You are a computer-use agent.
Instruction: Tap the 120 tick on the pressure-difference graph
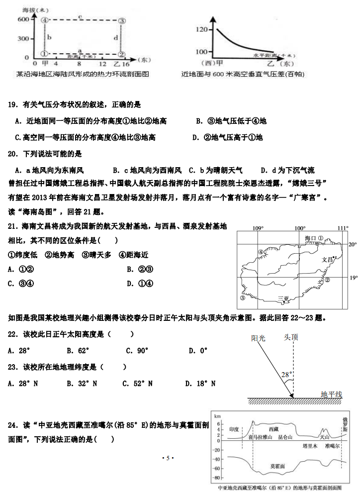[201, 30]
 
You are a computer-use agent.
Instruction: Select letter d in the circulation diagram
[115, 37]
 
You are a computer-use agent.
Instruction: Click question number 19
[13, 105]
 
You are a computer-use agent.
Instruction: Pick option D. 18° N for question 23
[200, 383]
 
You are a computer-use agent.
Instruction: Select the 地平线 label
[332, 394]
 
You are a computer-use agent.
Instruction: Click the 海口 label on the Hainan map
[311, 239]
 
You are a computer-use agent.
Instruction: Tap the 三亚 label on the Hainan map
[283, 299]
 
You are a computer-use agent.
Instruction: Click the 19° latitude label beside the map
[353, 278]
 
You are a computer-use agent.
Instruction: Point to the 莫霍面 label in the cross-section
[277, 466]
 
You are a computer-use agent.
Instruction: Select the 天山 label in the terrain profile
[324, 437]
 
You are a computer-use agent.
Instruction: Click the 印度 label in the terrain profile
[234, 428]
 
